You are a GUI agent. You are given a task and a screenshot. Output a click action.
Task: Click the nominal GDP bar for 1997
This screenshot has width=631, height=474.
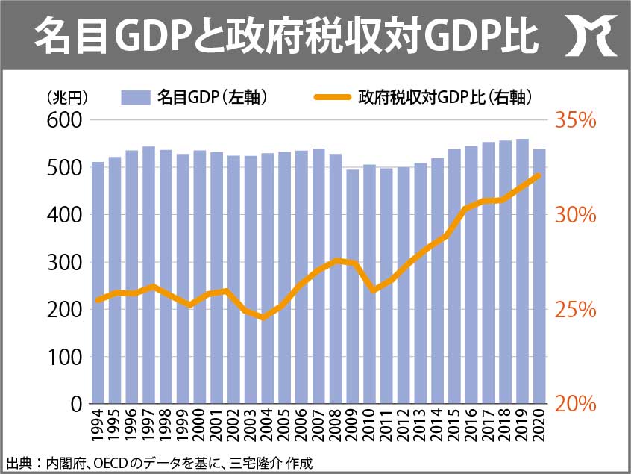click(x=149, y=275)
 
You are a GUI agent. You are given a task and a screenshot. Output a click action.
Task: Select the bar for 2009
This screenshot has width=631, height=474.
click(x=353, y=287)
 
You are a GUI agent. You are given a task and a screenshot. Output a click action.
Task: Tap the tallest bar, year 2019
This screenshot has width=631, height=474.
click(x=522, y=271)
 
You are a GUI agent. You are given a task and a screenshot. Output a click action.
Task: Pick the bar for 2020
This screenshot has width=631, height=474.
click(x=539, y=276)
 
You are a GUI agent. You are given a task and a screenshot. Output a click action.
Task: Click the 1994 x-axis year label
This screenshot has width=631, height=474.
click(x=98, y=425)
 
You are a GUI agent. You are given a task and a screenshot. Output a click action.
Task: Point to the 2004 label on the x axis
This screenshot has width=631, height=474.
click(x=268, y=425)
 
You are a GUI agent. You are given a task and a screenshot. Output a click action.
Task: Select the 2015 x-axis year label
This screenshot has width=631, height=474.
click(x=455, y=425)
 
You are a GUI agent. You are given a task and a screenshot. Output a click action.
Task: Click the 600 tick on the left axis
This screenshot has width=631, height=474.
click(x=64, y=120)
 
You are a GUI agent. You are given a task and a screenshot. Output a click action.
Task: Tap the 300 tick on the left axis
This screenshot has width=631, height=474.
click(x=64, y=262)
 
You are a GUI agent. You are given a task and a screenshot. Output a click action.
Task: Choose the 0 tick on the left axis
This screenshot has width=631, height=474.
click(x=77, y=404)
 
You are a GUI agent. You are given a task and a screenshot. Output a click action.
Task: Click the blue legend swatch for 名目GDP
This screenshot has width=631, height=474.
click(x=136, y=98)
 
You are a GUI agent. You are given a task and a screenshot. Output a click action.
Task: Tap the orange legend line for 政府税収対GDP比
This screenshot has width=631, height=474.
click(x=333, y=97)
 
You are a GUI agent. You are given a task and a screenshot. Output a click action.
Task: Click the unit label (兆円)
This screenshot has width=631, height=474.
click(x=67, y=98)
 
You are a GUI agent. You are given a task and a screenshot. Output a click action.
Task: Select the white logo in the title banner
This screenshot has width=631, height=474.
click(x=591, y=35)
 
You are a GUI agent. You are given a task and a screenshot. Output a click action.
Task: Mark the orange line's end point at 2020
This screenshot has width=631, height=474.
click(x=539, y=175)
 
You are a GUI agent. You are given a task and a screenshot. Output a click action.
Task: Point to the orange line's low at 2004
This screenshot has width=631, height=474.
click(x=264, y=317)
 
